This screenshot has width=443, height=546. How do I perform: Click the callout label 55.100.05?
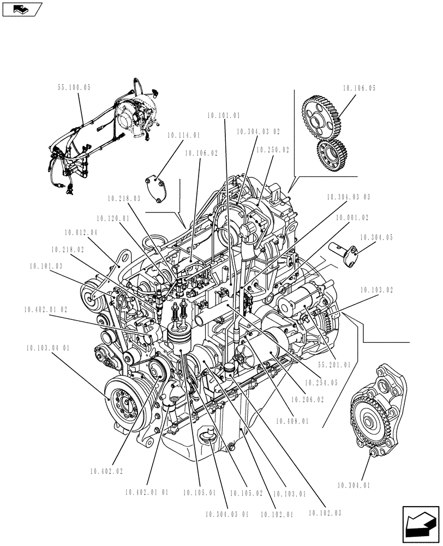[74, 87]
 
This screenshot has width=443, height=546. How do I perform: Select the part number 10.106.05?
[360, 87]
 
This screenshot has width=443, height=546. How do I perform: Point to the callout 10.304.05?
[376, 238]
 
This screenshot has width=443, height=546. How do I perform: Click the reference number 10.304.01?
[354, 484]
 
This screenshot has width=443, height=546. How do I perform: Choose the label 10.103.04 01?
[47, 348]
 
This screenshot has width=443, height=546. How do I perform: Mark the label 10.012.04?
[81, 233]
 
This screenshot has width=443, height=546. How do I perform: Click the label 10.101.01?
[224, 115]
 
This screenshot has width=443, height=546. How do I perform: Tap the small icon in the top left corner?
[21, 9]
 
